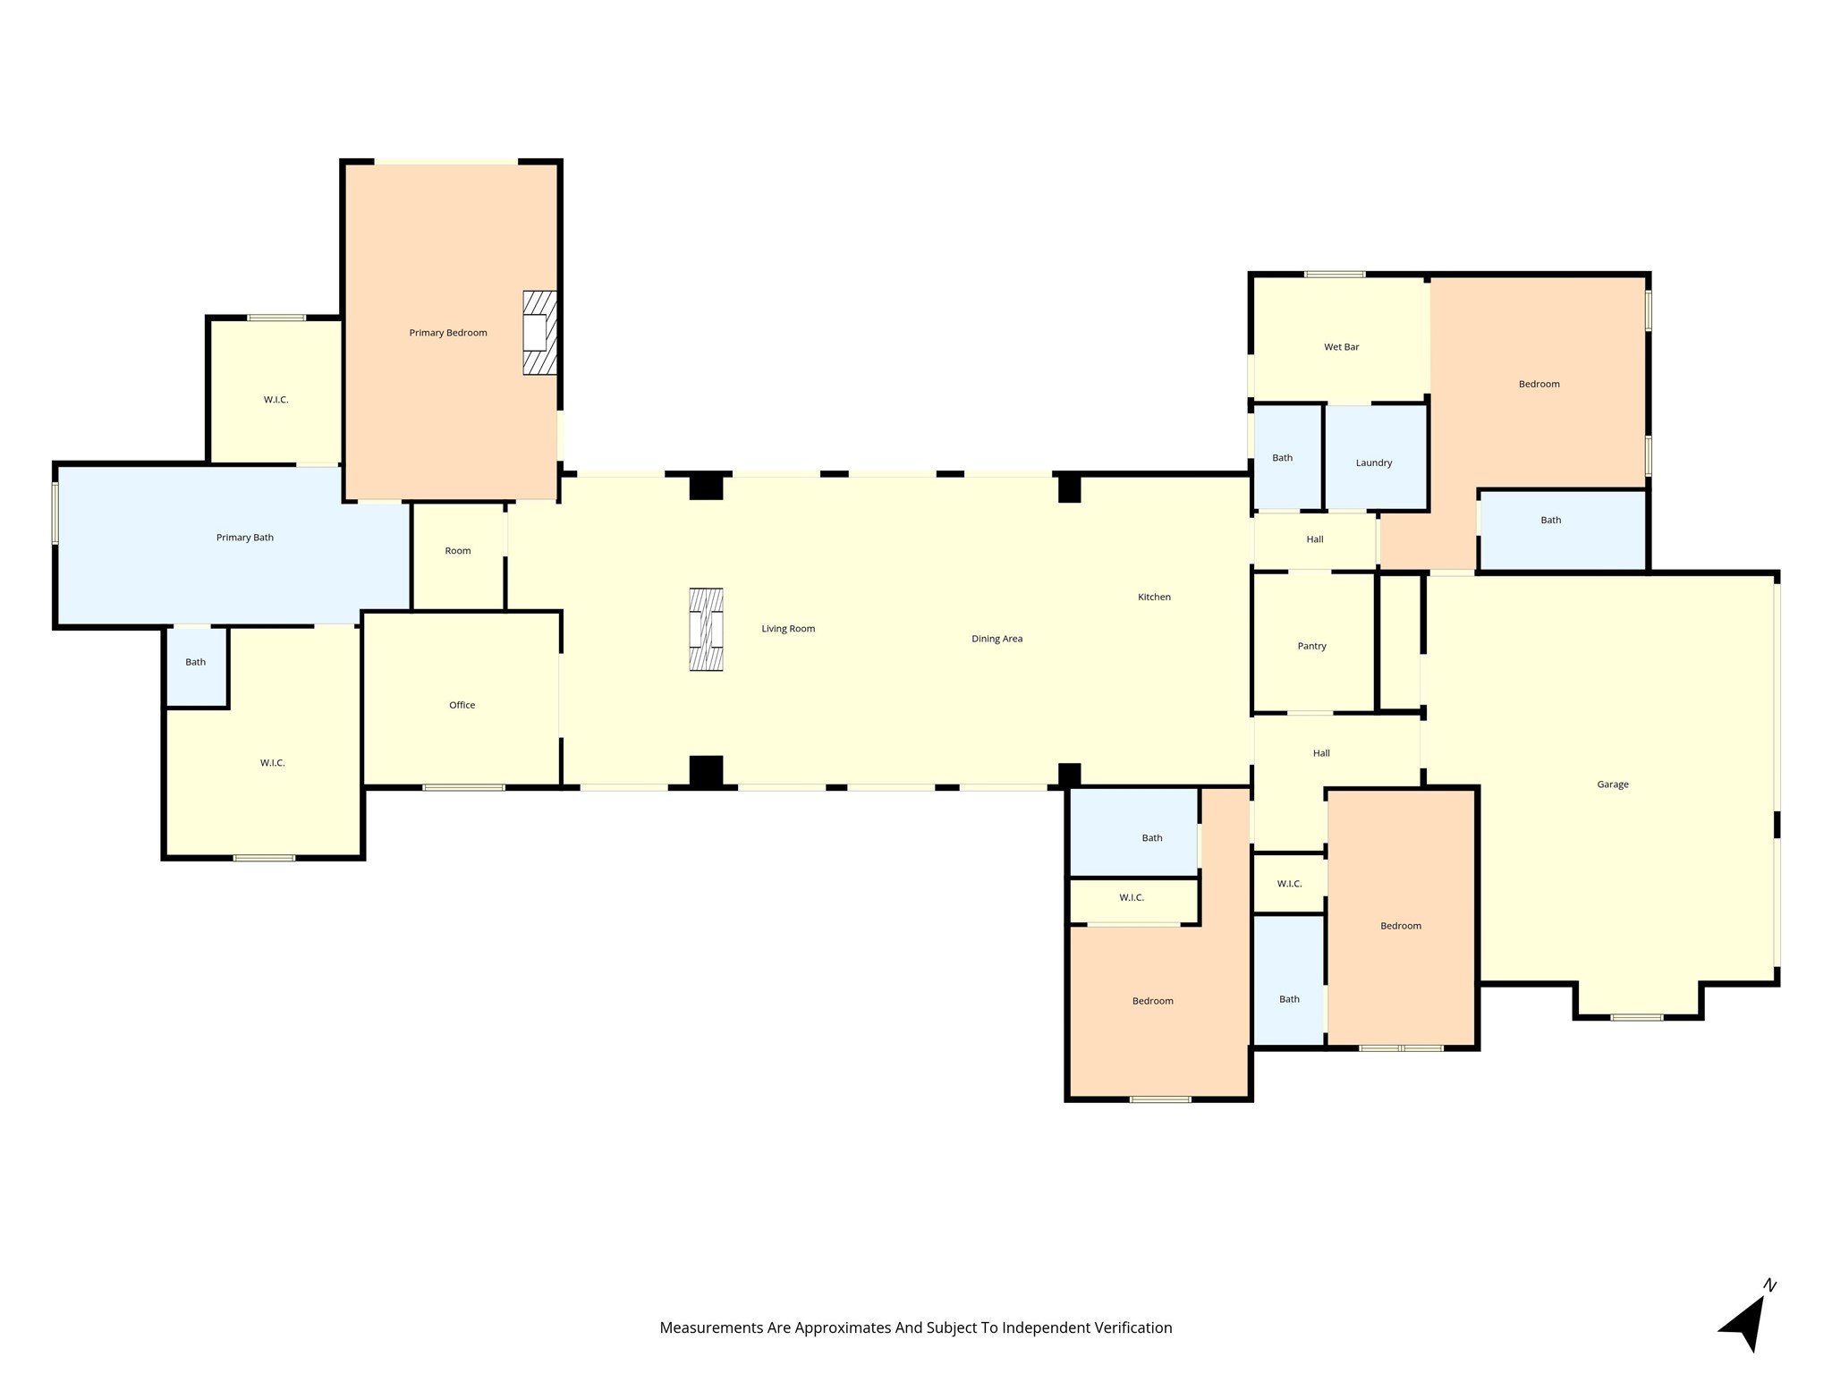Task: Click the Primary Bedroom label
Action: tap(448, 333)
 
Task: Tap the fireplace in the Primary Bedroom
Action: tap(539, 333)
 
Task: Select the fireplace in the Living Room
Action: tap(706, 629)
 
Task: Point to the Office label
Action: tap(462, 705)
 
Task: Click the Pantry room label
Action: tap(1312, 646)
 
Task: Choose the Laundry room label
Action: tap(1374, 462)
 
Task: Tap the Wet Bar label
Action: tap(1342, 347)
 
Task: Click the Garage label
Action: tap(1613, 785)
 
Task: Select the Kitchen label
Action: tap(1154, 597)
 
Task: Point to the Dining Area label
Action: tap(997, 639)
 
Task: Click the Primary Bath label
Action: tap(245, 538)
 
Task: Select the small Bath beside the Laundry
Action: tap(1283, 458)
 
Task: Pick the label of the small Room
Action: tap(458, 551)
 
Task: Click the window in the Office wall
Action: tap(463, 787)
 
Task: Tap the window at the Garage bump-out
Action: tap(1637, 1017)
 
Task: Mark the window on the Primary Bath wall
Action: tap(55, 513)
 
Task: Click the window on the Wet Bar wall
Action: tap(1335, 274)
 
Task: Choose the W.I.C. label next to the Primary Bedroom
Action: tap(276, 400)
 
